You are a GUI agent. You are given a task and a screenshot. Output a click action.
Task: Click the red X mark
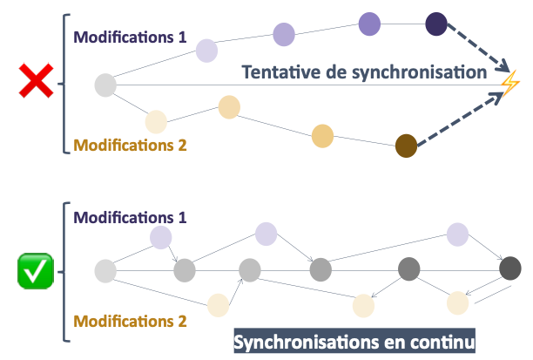35,84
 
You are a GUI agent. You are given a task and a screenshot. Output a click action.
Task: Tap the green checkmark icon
35,271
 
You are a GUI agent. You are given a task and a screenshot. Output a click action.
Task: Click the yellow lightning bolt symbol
509,84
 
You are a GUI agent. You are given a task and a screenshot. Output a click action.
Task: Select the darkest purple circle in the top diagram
436,24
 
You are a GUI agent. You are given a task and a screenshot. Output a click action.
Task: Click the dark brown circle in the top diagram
407,146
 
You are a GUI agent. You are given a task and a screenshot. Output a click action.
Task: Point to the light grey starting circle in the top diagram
105,85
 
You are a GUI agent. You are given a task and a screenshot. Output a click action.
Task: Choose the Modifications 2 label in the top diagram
130,146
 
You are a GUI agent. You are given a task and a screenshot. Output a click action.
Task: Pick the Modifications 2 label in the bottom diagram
130,321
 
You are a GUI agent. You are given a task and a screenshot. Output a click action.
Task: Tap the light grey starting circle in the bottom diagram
105,271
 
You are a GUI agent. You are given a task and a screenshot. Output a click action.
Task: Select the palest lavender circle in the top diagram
206,50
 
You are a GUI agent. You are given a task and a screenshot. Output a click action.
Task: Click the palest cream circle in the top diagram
156,121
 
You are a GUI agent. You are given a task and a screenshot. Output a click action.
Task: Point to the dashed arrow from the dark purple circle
477,49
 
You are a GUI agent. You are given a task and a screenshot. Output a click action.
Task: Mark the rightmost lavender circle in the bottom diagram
459,234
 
